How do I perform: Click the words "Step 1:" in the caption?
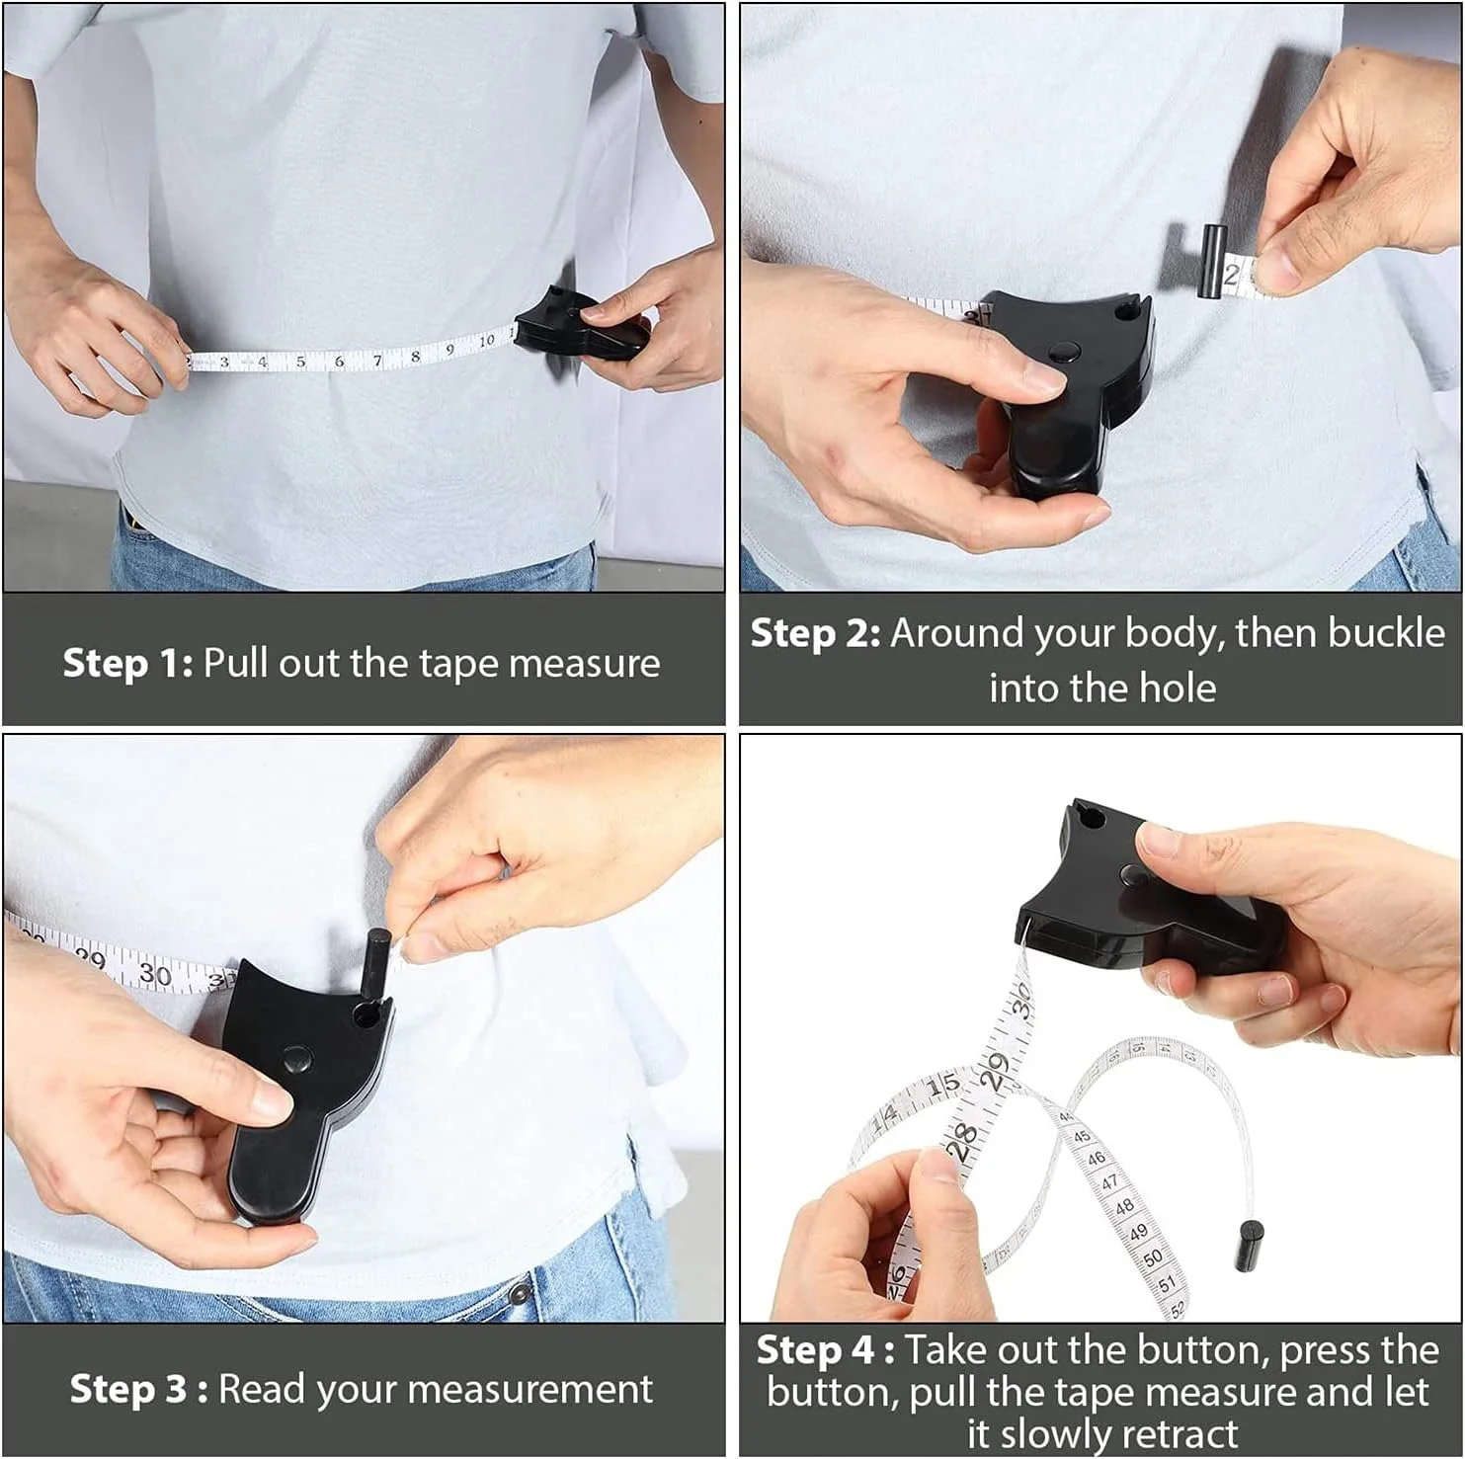point(128,663)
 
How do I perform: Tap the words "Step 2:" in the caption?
point(816,633)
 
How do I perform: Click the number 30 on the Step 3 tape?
point(155,974)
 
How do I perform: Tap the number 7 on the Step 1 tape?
point(377,361)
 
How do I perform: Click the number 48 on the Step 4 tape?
point(1125,1206)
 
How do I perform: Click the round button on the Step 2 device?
point(1063,352)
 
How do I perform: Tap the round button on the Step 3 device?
point(296,1060)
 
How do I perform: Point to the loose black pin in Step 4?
point(1249,1246)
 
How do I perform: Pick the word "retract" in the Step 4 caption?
point(1180,1433)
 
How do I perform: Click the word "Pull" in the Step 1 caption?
point(236,663)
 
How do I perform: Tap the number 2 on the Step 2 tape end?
point(1231,275)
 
